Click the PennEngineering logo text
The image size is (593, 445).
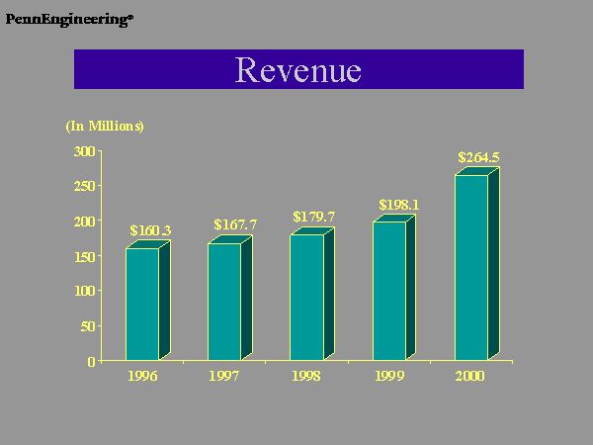point(67,19)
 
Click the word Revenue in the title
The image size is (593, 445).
point(298,70)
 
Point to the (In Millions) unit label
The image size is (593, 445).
point(105,127)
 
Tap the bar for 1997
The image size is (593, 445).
point(224,301)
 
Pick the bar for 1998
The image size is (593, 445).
point(306,297)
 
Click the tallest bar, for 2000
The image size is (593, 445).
point(471,267)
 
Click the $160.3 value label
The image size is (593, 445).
point(150,231)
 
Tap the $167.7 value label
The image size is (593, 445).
point(235,225)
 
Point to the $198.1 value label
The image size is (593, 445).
point(399,205)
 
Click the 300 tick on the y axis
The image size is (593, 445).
point(85,151)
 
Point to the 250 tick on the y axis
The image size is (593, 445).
point(85,186)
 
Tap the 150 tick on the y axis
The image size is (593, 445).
point(85,256)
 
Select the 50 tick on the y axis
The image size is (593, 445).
point(88,326)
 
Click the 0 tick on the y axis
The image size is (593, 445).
point(92,361)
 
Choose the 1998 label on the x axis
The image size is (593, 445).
point(306,377)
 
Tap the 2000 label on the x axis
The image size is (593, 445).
point(470,377)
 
